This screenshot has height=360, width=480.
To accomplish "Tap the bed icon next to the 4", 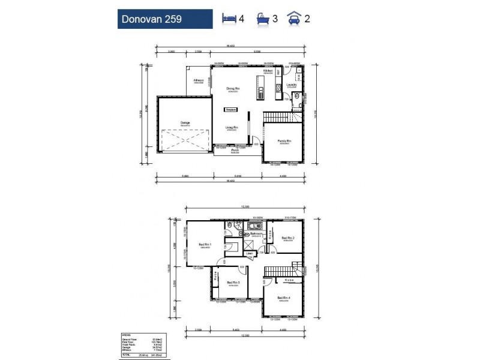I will pos(229,18).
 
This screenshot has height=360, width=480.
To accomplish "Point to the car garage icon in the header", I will pos(295,18).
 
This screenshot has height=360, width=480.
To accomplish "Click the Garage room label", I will pos(185,123).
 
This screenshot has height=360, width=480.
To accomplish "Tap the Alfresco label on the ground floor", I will pos(198,80).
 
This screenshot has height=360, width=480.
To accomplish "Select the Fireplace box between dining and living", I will pos(231,110).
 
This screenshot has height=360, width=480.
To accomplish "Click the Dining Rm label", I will pos(233,89).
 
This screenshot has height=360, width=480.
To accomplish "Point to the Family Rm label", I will pos(283,142).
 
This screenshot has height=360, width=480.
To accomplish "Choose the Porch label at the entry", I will pos(236,151).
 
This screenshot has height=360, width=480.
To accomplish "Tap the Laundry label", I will pos(292,85).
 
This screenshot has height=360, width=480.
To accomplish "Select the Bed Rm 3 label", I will pos(234,283).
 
